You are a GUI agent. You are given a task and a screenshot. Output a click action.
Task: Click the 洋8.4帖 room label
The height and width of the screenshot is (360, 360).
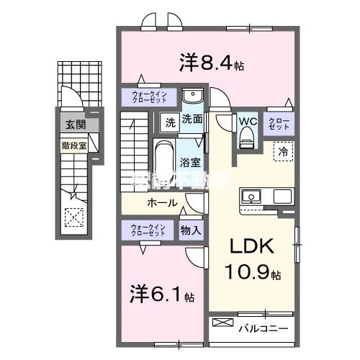211,63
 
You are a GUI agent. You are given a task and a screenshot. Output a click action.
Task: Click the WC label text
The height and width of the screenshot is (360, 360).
248,120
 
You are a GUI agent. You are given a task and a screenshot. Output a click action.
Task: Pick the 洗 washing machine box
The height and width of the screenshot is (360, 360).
168,122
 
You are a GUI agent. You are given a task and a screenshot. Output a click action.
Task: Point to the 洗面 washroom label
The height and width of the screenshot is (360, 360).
192,120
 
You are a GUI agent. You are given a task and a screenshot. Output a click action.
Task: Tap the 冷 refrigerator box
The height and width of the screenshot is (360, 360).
283,153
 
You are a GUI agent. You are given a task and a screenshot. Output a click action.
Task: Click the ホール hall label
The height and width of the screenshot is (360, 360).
162,203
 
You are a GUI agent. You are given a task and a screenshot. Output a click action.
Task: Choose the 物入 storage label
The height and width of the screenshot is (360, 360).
190,230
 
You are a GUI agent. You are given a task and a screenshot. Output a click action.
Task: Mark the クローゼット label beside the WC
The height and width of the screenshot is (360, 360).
278,122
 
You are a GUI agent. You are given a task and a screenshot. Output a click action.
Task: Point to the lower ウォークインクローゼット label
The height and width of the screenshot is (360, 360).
148,230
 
